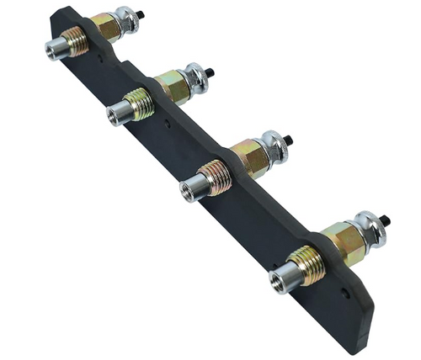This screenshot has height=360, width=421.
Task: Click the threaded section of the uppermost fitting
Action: (77, 40)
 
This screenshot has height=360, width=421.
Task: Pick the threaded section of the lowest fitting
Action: (308, 265)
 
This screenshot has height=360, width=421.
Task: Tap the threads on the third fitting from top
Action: (216, 177)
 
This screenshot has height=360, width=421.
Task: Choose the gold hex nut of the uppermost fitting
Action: (106, 27)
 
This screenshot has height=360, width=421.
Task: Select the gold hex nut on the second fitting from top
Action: (173, 87)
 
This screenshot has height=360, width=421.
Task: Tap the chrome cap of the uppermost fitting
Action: (128, 19)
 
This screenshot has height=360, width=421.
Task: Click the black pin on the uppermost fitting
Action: (141, 14)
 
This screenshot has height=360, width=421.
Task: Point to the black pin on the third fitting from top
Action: (287, 138)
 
